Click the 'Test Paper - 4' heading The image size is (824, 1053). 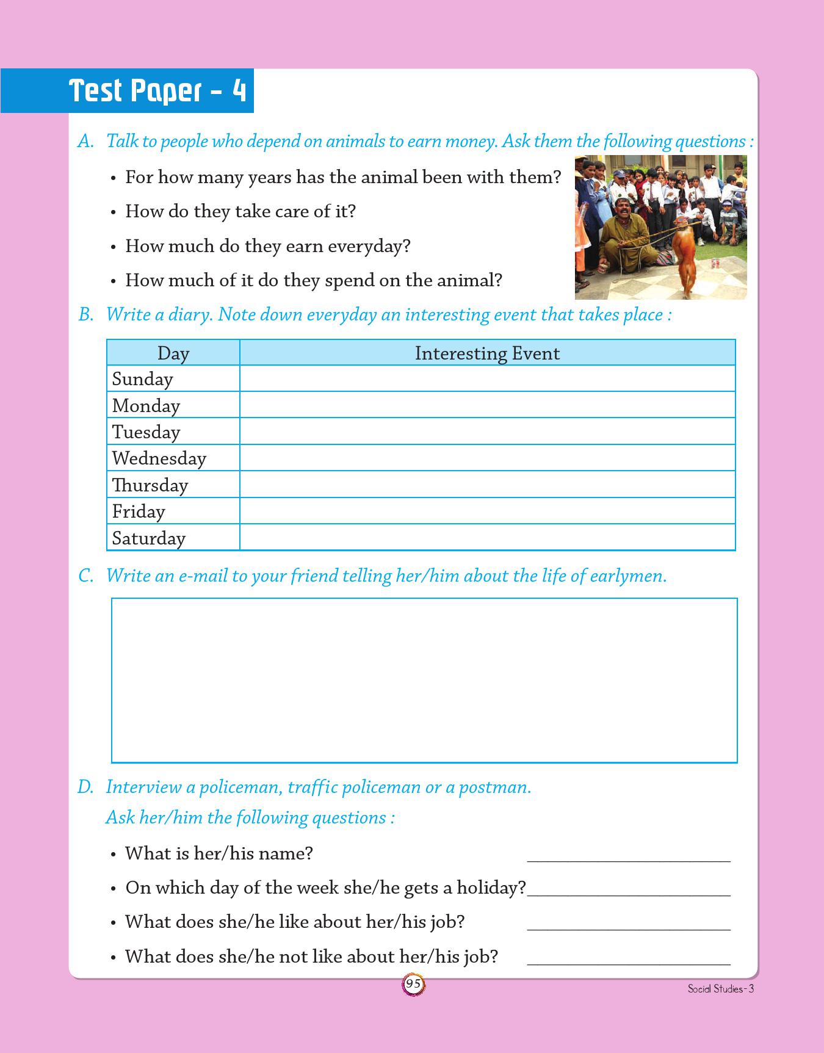157,91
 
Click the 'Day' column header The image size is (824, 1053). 173,353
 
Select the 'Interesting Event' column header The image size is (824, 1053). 487,353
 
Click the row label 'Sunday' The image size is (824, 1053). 143,380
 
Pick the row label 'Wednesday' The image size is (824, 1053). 159,458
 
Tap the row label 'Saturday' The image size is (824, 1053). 149,538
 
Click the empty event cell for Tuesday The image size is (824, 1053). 487,432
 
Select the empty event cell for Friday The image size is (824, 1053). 487,511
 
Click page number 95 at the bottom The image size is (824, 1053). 413,984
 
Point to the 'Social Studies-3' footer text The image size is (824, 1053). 720,989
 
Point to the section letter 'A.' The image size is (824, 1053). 86,142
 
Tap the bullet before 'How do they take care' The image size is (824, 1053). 114,212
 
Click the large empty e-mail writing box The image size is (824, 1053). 424,680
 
